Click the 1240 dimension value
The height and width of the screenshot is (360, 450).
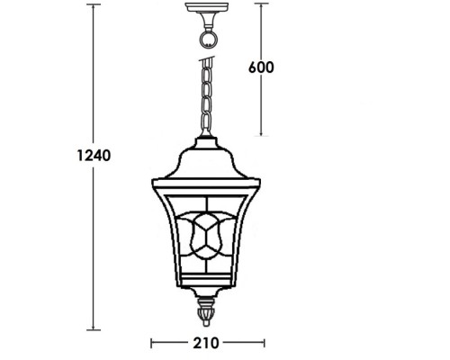[92, 155]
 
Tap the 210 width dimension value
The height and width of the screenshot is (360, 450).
[208, 344]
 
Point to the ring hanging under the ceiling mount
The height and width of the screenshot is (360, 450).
[210, 39]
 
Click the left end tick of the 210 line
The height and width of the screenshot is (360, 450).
[150, 344]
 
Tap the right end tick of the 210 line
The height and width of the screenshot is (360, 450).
[265, 344]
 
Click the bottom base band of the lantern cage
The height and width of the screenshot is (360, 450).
[208, 286]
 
